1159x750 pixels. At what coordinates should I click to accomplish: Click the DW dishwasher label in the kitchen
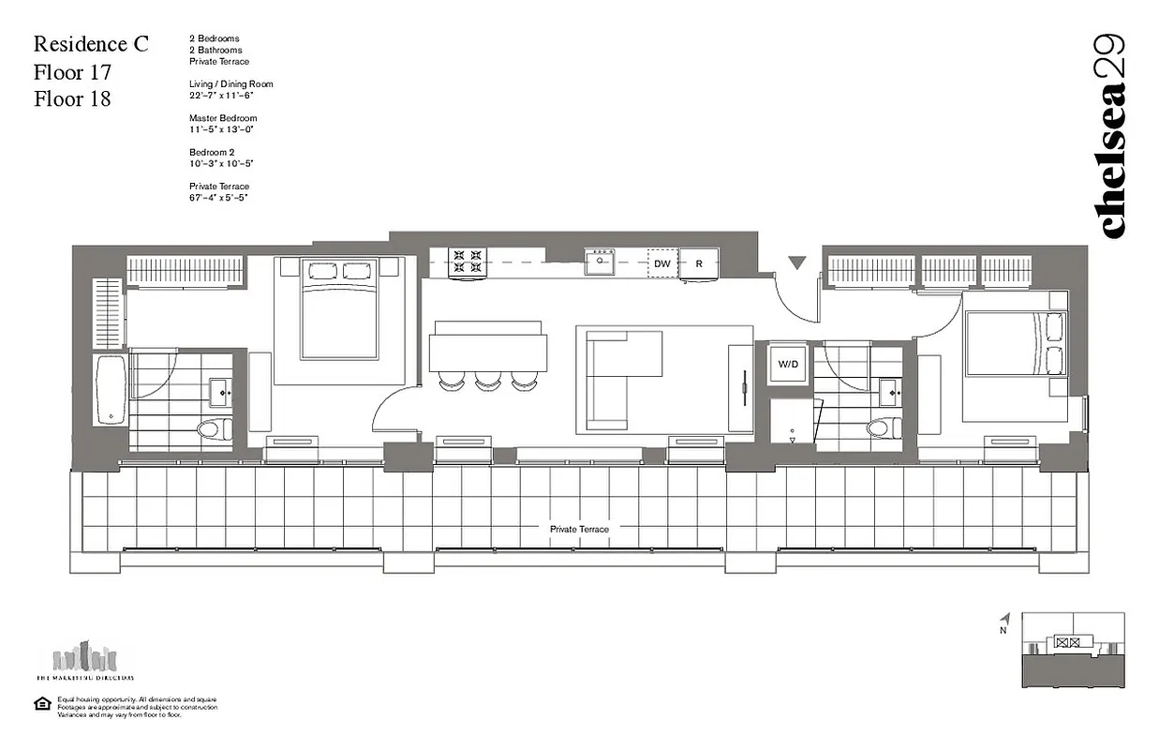[662, 264]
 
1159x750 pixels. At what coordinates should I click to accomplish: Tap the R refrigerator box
[698, 264]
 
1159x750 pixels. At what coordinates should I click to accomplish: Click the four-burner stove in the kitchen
[468, 262]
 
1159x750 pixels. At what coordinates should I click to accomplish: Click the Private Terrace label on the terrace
[579, 530]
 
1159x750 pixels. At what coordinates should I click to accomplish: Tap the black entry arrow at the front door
[796, 262]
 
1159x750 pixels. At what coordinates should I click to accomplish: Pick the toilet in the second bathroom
[880, 428]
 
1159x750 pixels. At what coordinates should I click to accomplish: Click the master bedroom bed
[339, 309]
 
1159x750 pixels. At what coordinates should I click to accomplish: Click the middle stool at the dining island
[486, 381]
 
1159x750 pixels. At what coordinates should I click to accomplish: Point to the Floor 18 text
[72, 98]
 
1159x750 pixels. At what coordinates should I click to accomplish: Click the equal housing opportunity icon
[42, 703]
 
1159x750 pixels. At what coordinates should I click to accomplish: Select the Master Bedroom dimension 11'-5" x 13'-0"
[223, 129]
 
